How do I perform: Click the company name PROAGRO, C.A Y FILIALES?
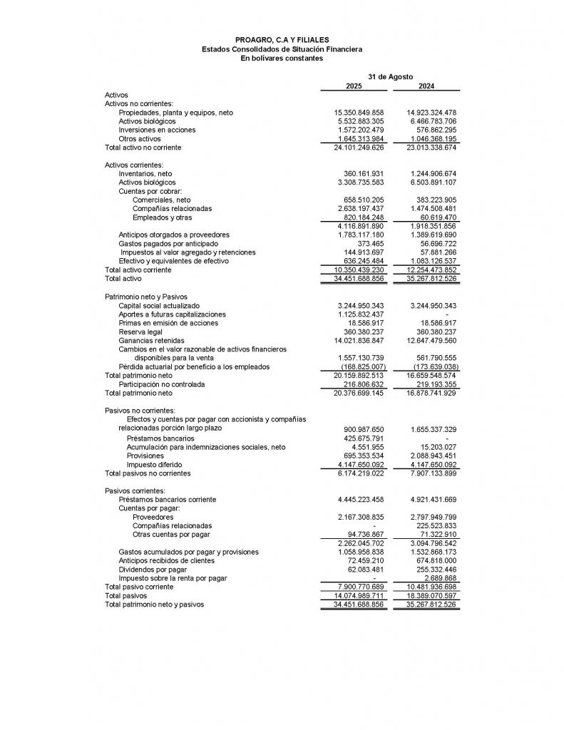(x=282, y=40)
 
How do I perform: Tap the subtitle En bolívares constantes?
(x=282, y=58)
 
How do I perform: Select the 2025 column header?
(x=354, y=86)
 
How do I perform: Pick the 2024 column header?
(x=426, y=86)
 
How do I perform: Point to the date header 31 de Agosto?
(x=390, y=76)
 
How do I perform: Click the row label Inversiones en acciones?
(x=157, y=130)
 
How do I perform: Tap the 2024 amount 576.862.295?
(x=433, y=130)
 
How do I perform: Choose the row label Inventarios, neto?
(x=145, y=174)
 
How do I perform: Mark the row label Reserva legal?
(x=140, y=331)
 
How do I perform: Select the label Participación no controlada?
(x=162, y=384)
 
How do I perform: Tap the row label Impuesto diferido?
(x=154, y=464)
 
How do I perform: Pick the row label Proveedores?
(x=153, y=517)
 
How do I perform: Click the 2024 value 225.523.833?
(x=433, y=525)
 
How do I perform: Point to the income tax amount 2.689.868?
(x=438, y=578)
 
